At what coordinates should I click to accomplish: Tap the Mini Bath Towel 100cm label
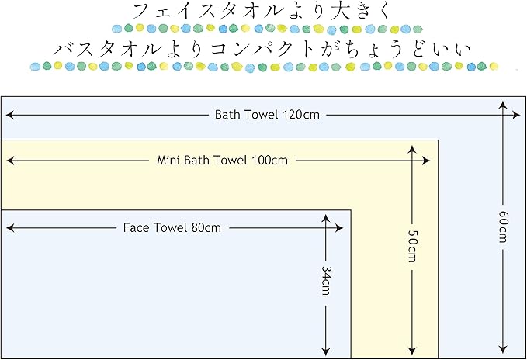tap(222, 161)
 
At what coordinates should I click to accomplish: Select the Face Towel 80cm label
tap(172, 228)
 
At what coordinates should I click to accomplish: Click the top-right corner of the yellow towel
tap(439, 140)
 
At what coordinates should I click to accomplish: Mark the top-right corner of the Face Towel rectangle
tap(352, 210)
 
